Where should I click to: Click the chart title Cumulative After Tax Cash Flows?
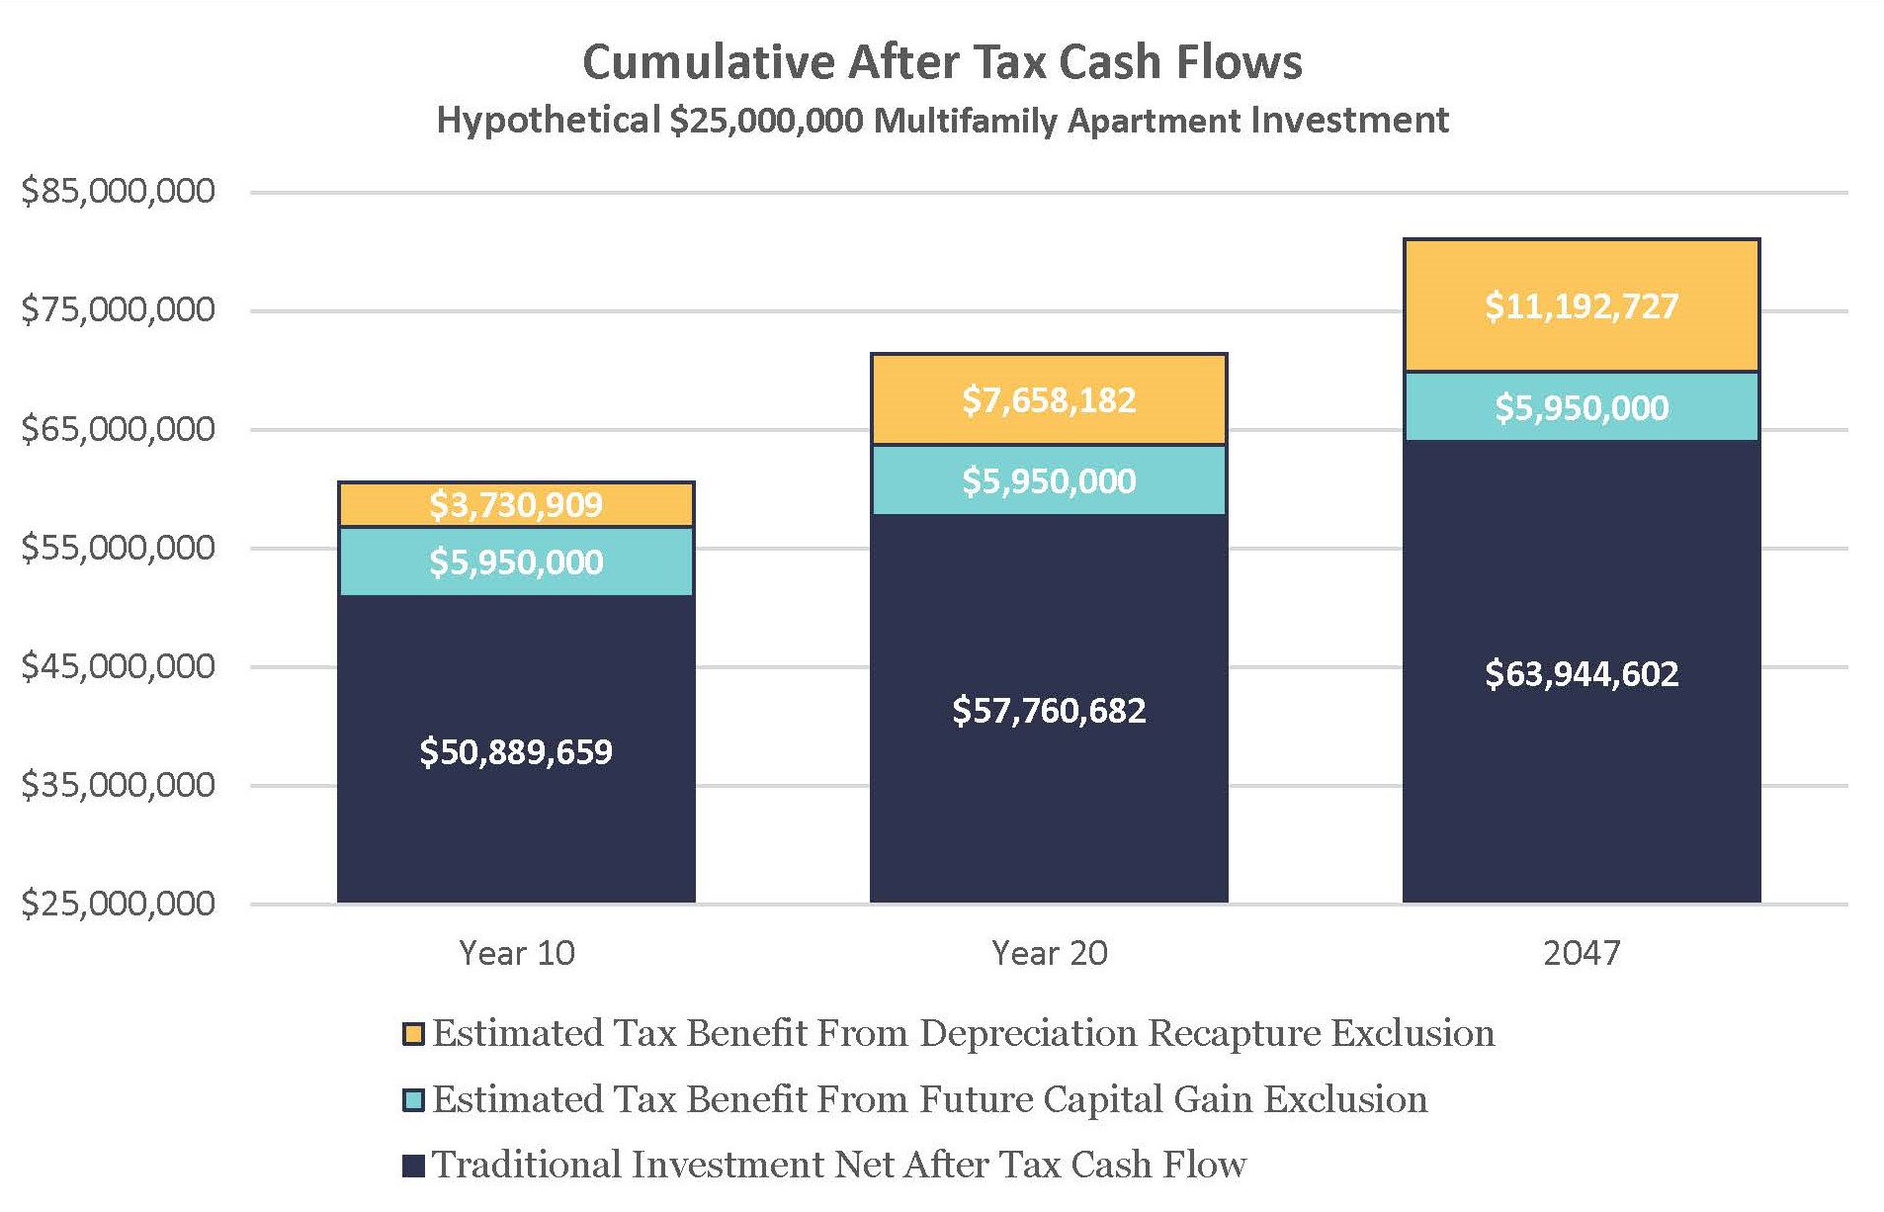941,62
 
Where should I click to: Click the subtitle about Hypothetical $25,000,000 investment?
941,121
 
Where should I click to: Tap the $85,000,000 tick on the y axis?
119,191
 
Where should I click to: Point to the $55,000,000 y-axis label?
119,547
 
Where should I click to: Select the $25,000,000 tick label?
119,903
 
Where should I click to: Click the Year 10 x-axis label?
516,953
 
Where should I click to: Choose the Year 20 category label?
1049,953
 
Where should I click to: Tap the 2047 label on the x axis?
1582,953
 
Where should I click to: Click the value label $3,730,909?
516,505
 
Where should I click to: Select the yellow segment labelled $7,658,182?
1049,400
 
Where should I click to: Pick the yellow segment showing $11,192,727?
1582,306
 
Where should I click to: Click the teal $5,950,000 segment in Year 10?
516,563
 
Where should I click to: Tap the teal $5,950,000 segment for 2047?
1582,407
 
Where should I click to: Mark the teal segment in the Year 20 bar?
1049,481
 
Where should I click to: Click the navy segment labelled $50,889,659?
516,751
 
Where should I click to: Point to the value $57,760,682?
1049,710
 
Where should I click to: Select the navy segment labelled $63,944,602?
1582,673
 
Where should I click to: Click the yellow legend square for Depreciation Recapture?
413,1034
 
